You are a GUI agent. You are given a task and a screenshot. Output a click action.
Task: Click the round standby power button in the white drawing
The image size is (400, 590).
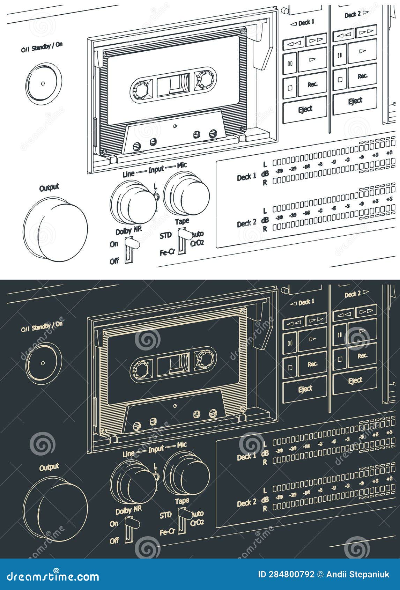coord(43,84)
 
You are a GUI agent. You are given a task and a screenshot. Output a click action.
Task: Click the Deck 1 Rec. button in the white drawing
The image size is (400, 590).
coord(312,84)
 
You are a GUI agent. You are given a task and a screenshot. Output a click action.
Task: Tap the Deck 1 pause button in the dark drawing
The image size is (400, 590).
coord(290,343)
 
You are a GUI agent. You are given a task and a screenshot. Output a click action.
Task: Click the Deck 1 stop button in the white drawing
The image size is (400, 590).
coord(290,88)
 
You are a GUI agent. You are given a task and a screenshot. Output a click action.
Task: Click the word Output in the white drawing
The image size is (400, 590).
coord(49,188)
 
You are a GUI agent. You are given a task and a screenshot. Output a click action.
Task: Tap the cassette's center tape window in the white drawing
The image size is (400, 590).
coord(173,85)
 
